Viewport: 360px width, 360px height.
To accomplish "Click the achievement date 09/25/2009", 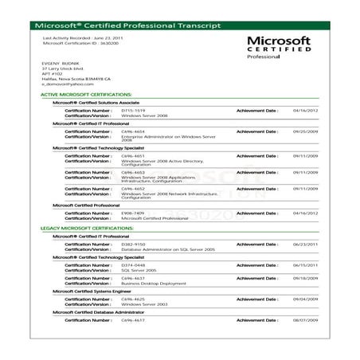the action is point(306,131).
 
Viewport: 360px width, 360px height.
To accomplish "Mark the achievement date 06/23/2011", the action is point(306,244).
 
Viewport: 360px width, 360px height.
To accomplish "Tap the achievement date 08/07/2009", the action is point(306,319).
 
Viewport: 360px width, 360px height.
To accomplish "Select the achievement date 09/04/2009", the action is point(306,299).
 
